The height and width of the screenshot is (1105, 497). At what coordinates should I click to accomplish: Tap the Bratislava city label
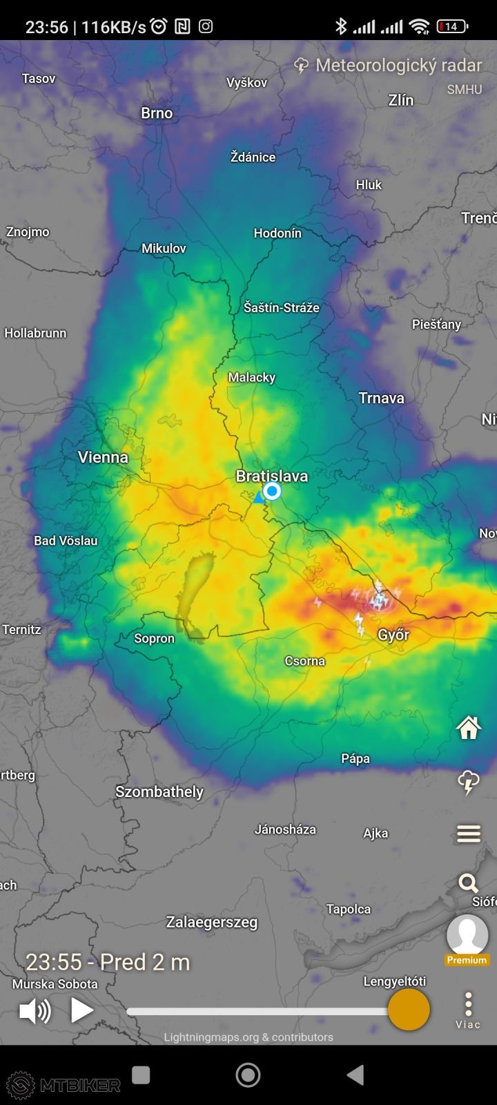pos(272,476)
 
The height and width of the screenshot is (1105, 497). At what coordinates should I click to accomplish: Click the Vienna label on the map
pos(103,457)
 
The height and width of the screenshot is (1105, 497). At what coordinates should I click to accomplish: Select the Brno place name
pos(157,113)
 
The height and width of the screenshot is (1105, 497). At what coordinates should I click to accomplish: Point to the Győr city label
pos(393,635)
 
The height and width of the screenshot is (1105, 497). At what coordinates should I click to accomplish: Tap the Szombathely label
pos(159,791)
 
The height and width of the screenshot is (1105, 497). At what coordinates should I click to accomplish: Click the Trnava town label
pos(381,398)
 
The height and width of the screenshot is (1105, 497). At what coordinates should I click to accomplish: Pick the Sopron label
pos(154,638)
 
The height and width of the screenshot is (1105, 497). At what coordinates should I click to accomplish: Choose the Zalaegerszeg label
pos(211,922)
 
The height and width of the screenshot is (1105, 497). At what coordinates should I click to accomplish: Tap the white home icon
pos(469,727)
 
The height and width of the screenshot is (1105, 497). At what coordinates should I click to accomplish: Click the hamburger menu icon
pos(469,834)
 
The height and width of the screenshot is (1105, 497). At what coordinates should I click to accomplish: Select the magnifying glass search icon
pos(468,883)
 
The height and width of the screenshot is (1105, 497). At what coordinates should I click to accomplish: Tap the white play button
pos(81,1010)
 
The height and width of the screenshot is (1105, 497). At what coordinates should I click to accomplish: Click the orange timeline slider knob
pos(409,1010)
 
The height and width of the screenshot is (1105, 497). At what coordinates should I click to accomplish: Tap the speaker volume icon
pos(35,1011)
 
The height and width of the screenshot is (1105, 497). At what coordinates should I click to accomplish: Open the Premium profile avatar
pos(467,936)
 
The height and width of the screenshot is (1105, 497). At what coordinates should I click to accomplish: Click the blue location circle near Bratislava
pos(272,491)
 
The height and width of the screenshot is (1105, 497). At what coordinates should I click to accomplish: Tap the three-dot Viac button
pos(468,1010)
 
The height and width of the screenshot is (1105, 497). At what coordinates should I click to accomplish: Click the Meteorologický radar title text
pos(398,66)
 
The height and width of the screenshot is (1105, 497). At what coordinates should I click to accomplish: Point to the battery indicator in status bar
pos(452,27)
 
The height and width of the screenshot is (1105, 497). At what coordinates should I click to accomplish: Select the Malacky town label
pos(252,377)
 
